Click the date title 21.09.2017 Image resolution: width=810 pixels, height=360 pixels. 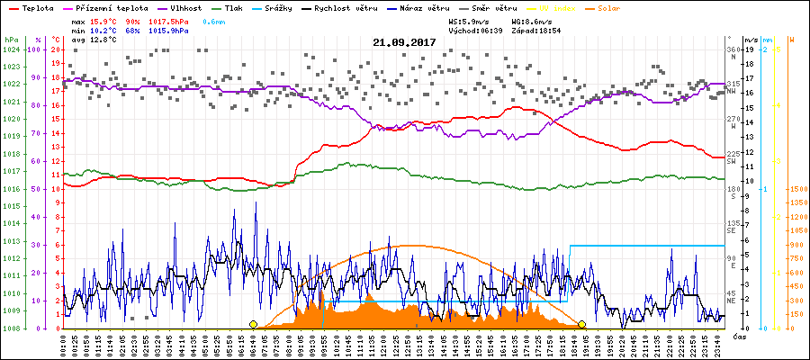(405, 41)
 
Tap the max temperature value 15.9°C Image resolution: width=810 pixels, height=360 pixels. (105, 20)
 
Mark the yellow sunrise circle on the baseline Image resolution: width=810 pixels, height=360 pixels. (254, 324)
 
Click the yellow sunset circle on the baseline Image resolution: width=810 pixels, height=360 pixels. (582, 324)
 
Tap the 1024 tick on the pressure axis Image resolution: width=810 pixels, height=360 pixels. (10, 50)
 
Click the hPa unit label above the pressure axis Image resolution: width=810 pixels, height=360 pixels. (10, 40)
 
